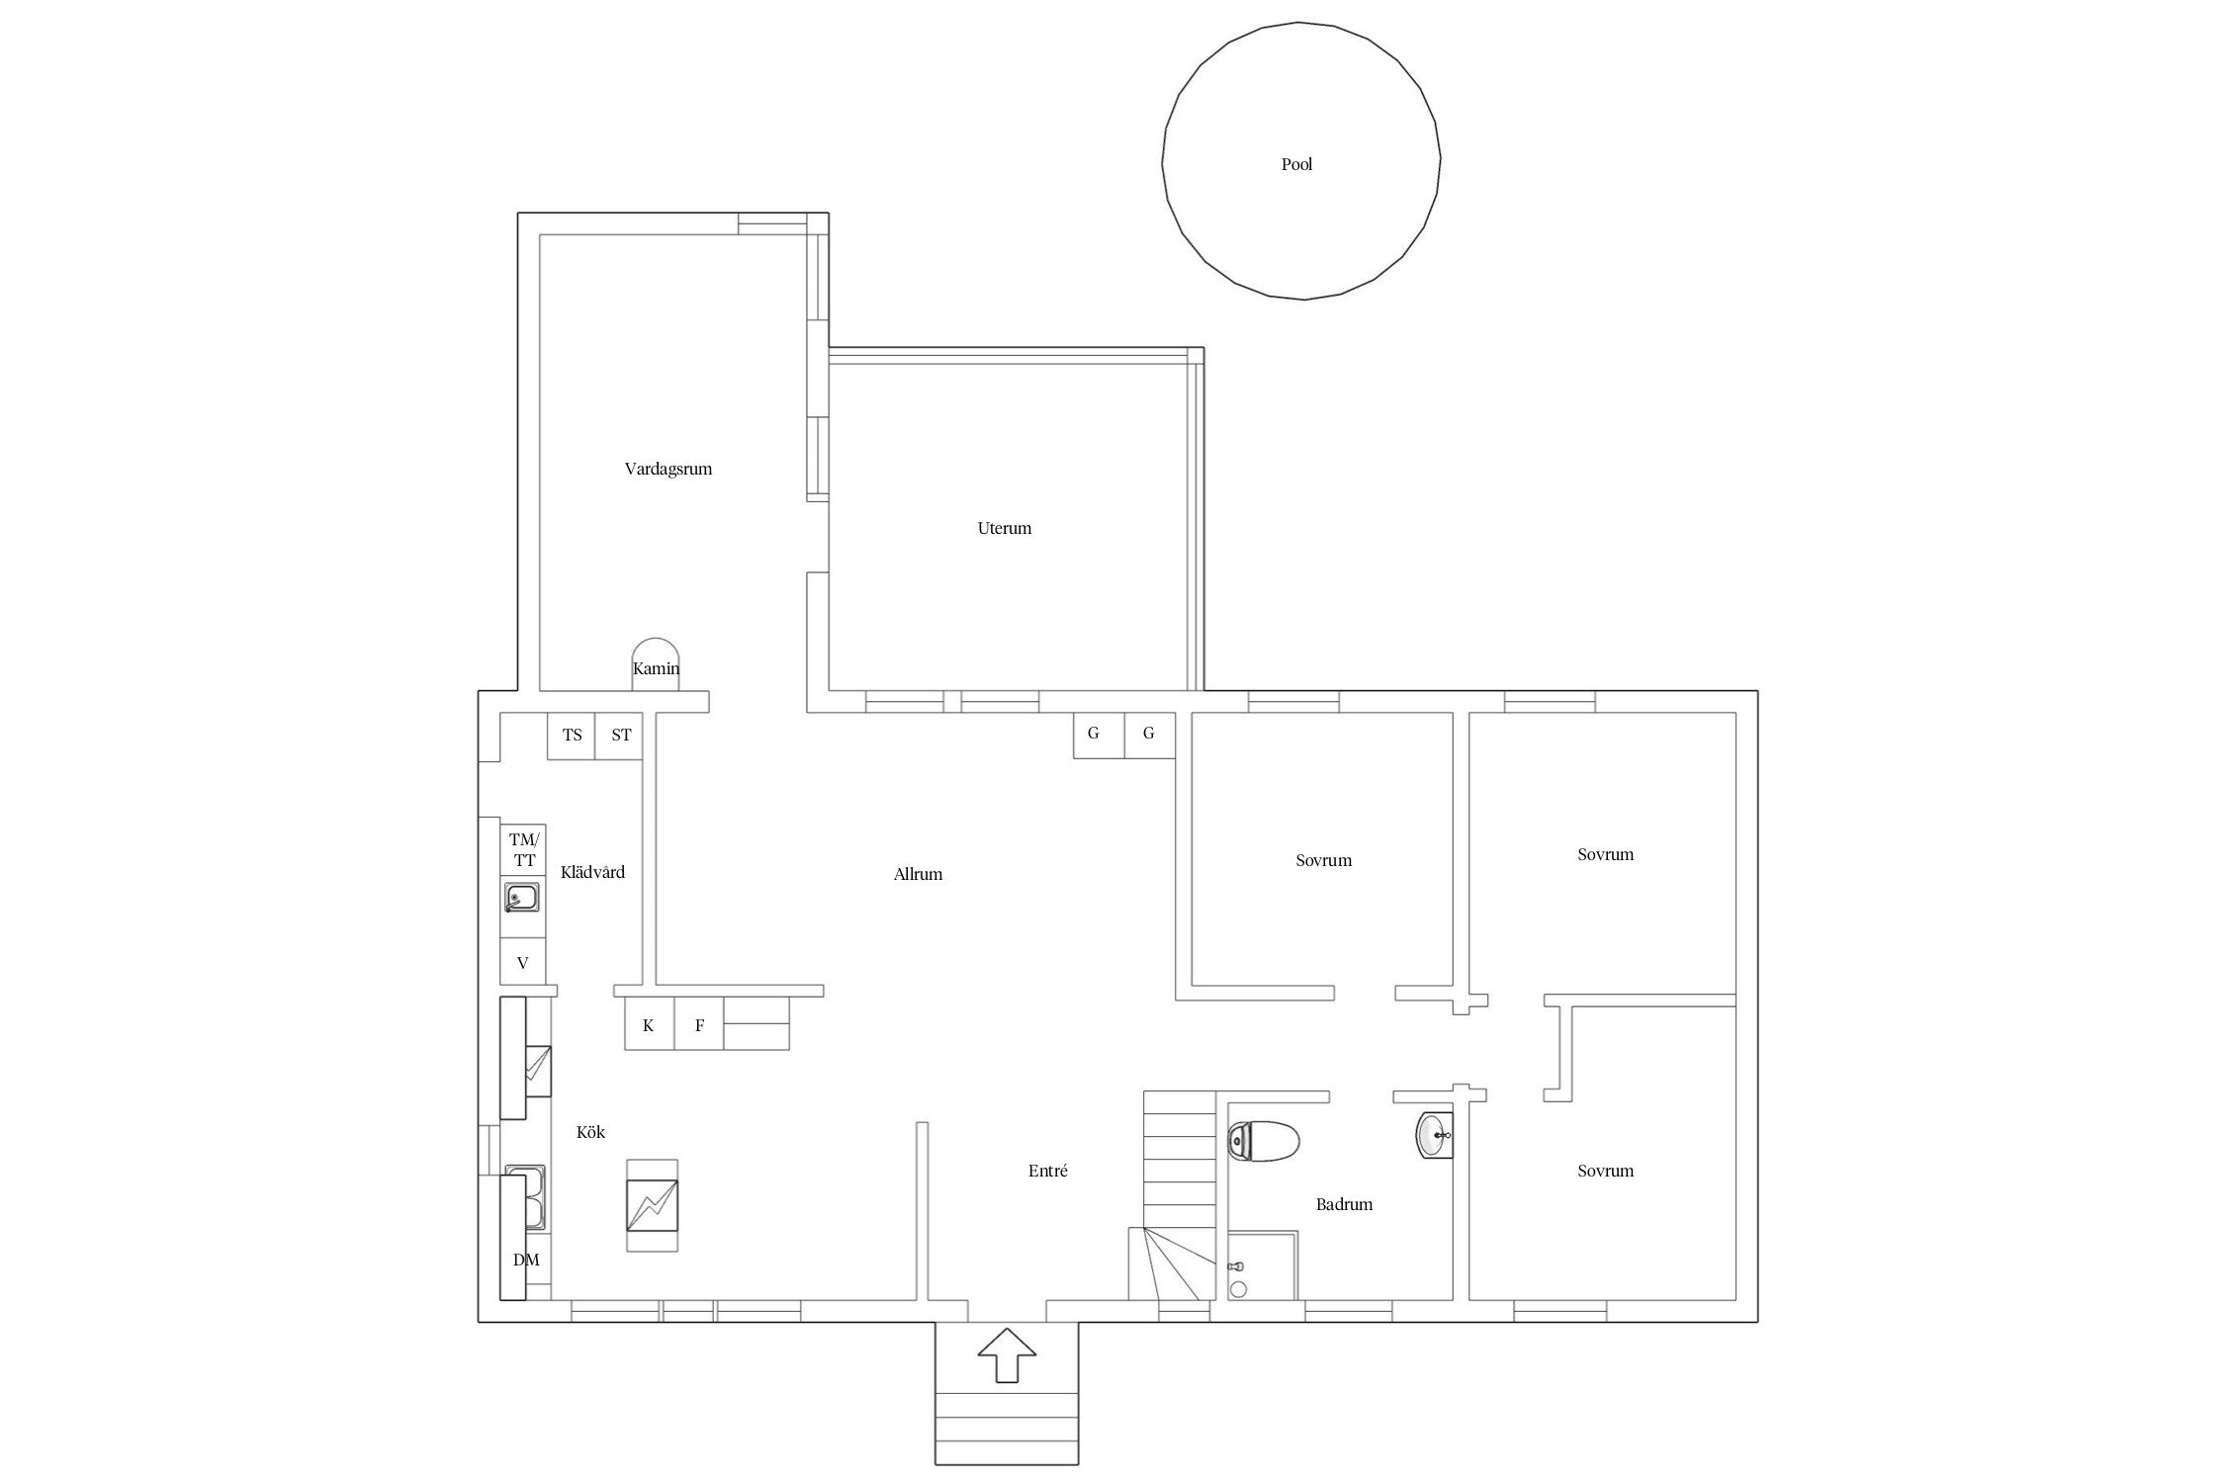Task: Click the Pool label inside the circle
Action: click(1296, 164)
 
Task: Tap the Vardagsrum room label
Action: click(668, 469)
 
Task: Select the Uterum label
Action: click(1005, 528)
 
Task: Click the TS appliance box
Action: click(572, 736)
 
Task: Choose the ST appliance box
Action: click(620, 736)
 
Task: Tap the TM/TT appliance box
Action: click(523, 849)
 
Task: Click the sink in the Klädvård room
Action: click(522, 899)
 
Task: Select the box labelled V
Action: click(523, 962)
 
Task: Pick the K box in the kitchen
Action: click(649, 1025)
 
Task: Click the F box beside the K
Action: click(699, 1025)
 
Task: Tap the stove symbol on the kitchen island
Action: click(653, 1205)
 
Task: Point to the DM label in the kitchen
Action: click(526, 1260)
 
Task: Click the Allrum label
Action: click(918, 874)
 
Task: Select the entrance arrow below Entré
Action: click(1007, 1355)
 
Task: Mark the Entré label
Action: click(1047, 1171)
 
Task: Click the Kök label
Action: click(590, 1132)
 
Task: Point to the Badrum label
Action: click(1344, 1204)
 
